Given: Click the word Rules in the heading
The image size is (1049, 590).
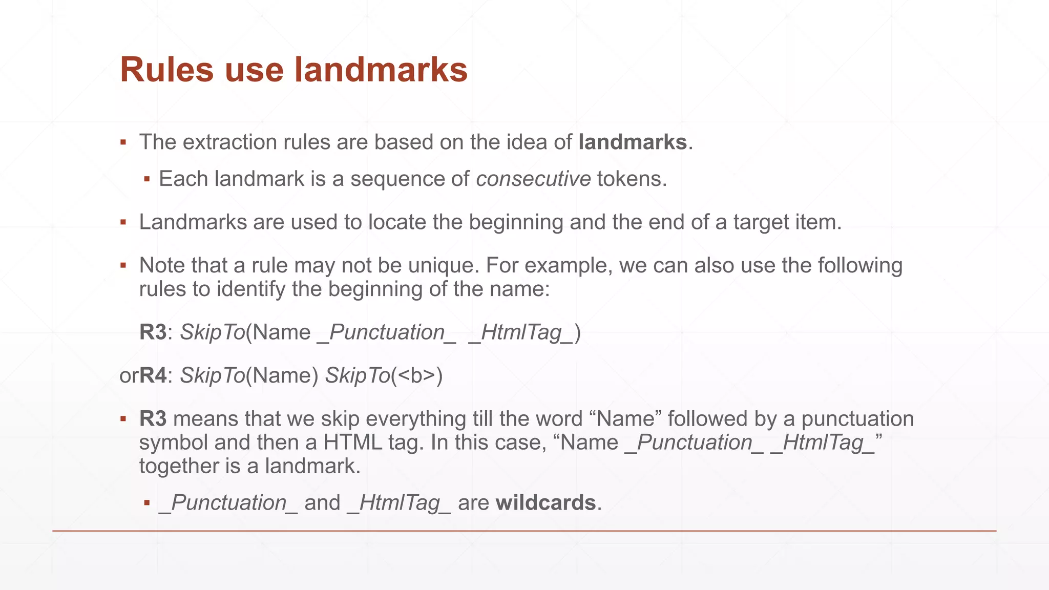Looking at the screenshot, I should click(166, 70).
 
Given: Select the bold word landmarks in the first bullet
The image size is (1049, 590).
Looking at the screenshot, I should click(633, 142).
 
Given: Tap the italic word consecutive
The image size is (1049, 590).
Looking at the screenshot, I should click(533, 179).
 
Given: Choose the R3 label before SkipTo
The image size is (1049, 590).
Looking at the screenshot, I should click(153, 332).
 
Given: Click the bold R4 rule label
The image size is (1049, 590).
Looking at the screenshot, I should click(153, 375).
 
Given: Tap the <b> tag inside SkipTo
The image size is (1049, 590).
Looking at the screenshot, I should click(416, 375).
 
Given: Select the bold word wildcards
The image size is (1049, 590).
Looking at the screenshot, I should click(546, 503).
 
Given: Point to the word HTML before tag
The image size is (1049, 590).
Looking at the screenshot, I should click(352, 442).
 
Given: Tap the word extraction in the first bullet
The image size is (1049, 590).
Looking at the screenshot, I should click(223, 142).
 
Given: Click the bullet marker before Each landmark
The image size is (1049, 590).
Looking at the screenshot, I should click(147, 179).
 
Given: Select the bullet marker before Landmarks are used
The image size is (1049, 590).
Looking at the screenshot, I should click(123, 222).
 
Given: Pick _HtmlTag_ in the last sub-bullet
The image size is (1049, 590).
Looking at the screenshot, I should click(399, 503).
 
